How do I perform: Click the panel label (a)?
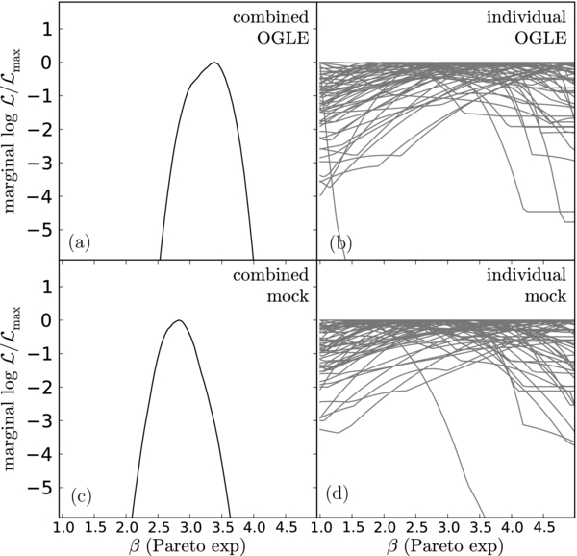point(78,242)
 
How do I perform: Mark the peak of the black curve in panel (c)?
point(179,320)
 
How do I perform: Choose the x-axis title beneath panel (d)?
point(446,547)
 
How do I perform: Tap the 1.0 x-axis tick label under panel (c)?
point(63,528)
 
